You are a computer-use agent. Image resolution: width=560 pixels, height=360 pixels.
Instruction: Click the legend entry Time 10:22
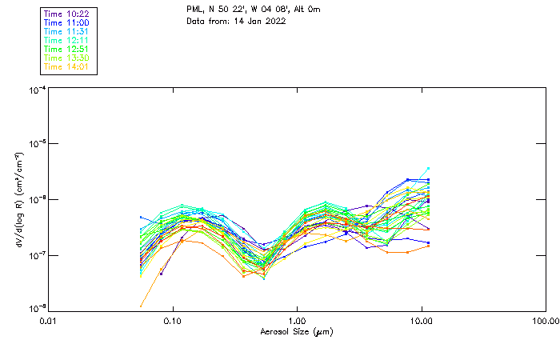(x=66, y=14)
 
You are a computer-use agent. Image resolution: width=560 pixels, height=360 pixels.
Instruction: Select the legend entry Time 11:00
(x=66, y=22)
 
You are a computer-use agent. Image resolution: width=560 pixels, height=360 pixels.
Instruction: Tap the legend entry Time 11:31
(x=66, y=31)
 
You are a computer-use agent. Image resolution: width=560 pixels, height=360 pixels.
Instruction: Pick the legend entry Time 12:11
(x=66, y=40)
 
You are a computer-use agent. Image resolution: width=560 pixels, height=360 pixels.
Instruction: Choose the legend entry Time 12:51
(x=66, y=49)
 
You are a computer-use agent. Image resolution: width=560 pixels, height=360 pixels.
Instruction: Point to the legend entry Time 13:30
(x=66, y=58)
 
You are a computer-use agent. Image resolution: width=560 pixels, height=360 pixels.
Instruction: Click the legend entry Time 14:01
(x=66, y=66)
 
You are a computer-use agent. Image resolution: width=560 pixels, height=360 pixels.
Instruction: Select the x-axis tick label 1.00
(x=297, y=322)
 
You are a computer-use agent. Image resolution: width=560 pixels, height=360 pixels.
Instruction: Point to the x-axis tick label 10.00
(x=421, y=322)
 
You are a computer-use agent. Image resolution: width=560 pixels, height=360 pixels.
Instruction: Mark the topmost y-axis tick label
(x=36, y=91)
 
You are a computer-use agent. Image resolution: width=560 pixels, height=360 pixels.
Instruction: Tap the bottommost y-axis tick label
(x=36, y=309)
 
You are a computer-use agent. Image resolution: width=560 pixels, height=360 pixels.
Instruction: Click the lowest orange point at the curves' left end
(x=141, y=306)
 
